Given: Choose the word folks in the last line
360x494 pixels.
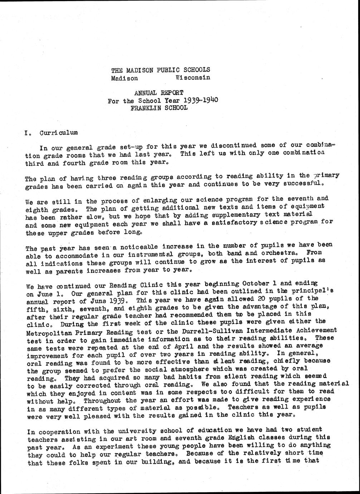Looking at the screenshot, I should (83, 462).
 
